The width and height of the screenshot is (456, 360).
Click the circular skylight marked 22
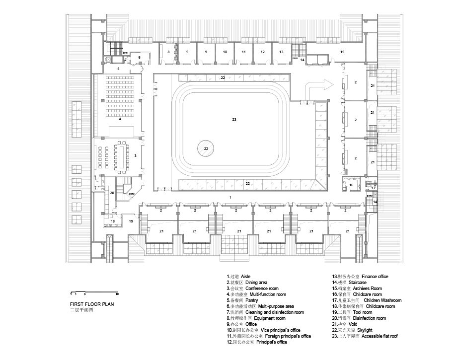coord(206,148)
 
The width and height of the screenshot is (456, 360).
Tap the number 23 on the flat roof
coord(233,119)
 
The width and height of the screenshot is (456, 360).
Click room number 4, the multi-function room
coord(119,119)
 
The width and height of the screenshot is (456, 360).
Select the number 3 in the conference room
coord(135,156)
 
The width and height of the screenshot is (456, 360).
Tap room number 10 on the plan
coord(225,52)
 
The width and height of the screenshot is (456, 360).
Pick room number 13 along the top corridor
coord(281,52)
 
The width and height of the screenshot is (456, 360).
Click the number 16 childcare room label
coord(351,185)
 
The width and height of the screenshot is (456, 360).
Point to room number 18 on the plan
coord(113,221)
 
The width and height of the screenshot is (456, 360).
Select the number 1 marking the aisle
coord(229,198)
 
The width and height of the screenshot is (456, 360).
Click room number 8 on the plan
coord(168,52)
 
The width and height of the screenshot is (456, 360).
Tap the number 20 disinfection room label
coord(112,193)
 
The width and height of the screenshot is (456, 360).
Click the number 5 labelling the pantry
coord(118,69)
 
